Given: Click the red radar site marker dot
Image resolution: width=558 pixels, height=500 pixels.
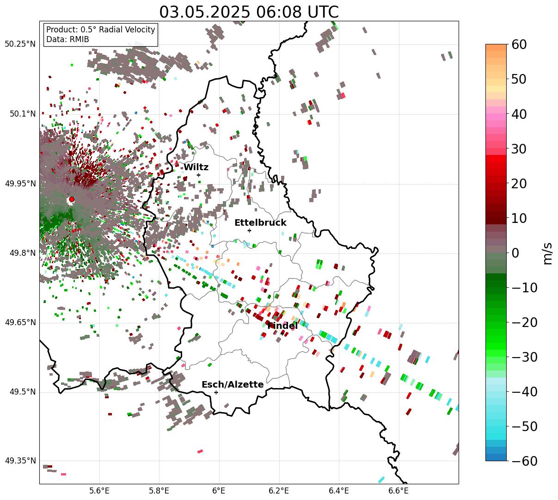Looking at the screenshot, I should (72, 199).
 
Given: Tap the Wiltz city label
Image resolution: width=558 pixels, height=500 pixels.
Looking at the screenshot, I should (196, 167).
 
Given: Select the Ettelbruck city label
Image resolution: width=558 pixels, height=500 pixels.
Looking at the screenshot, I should (260, 223).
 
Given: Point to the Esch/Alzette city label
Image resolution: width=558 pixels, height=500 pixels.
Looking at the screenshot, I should (233, 385).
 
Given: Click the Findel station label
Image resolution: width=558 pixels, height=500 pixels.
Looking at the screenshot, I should (282, 326).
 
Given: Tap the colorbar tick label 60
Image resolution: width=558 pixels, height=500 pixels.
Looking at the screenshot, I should (519, 44).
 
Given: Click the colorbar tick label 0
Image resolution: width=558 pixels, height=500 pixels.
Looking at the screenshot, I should (515, 253).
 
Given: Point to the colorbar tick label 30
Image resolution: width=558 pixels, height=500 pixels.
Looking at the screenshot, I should (519, 149).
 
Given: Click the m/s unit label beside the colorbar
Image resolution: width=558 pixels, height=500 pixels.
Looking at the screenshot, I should (548, 253).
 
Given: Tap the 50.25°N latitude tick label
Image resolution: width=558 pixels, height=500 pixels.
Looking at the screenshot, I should (20, 44).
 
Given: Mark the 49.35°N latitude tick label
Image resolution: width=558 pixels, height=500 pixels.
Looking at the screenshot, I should (20, 461).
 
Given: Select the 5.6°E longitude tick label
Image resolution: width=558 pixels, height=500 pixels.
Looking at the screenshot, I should (99, 491).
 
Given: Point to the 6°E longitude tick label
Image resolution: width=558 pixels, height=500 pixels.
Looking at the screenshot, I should (219, 491).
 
